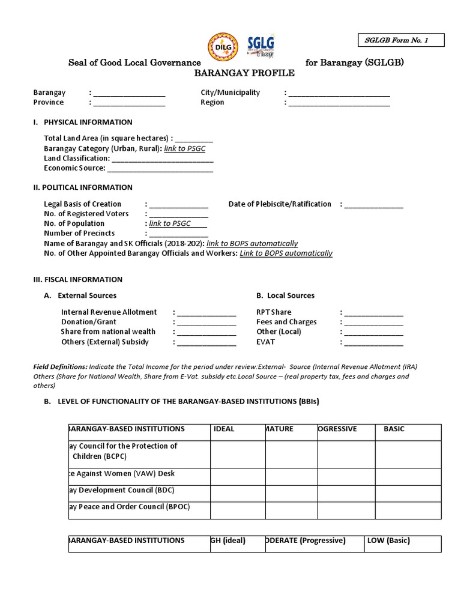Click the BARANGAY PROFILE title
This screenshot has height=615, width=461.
236,73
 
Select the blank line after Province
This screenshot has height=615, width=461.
129,103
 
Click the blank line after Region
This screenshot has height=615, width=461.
339,103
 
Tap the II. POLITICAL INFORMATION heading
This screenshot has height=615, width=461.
83,187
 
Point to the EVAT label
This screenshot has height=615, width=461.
265,342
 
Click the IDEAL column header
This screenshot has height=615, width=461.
224,429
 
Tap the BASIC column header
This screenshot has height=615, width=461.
394,429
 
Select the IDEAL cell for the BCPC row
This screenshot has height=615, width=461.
237,455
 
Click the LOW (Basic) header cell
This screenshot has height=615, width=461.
389,541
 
